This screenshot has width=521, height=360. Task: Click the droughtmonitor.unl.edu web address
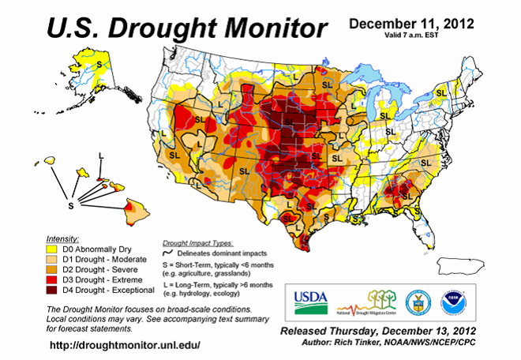[x=125, y=346]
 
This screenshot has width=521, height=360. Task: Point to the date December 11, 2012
[x=412, y=23]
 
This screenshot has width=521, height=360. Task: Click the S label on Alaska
[x=100, y=58]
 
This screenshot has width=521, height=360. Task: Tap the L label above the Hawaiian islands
[x=100, y=157]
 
